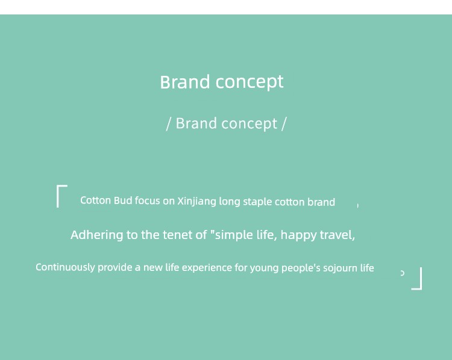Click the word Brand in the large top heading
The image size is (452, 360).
(185, 82)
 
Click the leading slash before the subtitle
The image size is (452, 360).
(169, 124)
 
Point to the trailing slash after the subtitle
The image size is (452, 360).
(284, 124)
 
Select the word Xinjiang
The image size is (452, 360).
(196, 201)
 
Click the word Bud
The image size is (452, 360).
(123, 200)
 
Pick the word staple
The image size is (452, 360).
(257, 202)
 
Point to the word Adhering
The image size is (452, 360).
(97, 235)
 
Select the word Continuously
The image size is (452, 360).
(65, 267)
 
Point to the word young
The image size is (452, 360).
(264, 268)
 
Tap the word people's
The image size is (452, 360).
(301, 268)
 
